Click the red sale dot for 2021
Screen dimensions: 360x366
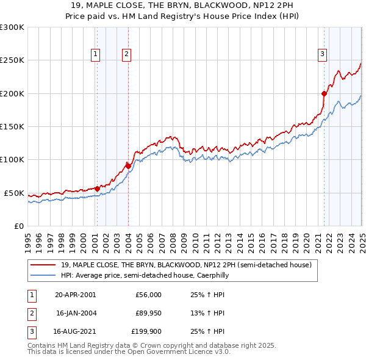pyautogui.click(x=324, y=93)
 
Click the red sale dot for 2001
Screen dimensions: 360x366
pyautogui.click(x=97, y=189)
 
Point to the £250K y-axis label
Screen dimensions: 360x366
pyautogui.click(x=12, y=60)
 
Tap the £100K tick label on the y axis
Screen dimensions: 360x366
pyautogui.click(x=12, y=160)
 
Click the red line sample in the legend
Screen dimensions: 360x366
pyautogui.click(x=43, y=265)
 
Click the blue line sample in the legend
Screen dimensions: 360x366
pyautogui.click(x=43, y=275)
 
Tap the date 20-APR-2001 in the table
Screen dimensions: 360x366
pyautogui.click(x=75, y=295)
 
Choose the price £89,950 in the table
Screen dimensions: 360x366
pyautogui.click(x=148, y=314)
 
